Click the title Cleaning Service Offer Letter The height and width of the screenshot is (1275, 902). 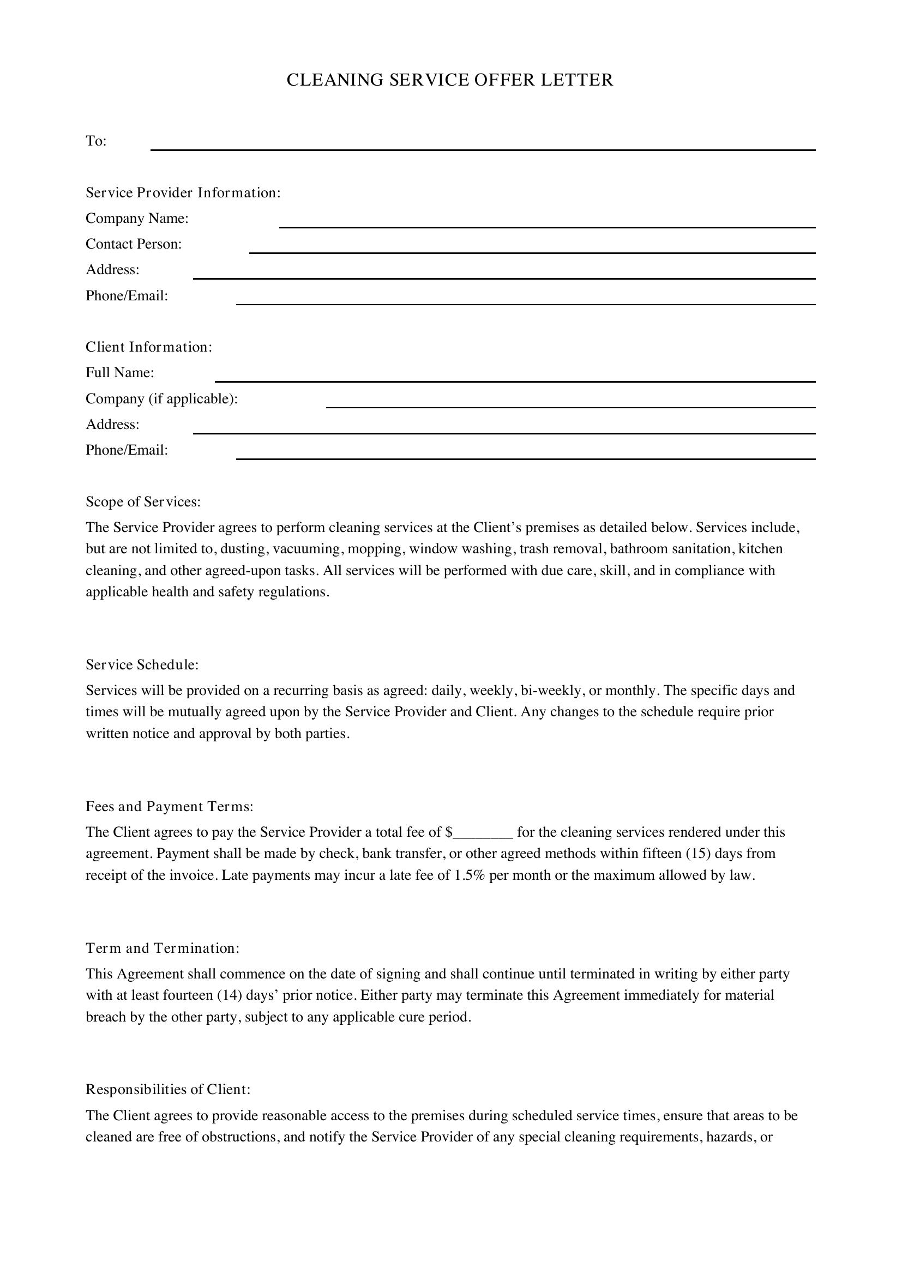[x=450, y=80]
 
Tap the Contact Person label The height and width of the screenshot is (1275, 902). [x=134, y=244]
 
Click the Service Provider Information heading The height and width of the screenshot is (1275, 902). [x=183, y=192]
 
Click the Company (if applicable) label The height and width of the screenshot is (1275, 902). [x=161, y=398]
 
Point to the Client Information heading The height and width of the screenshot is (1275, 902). [x=149, y=347]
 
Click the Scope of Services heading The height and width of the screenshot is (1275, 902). [x=143, y=502]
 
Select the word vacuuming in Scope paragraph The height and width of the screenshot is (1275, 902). [x=306, y=549]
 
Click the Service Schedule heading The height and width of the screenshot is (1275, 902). [x=142, y=664]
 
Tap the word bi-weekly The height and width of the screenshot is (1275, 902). [x=550, y=690]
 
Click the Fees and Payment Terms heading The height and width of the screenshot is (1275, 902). [x=170, y=806]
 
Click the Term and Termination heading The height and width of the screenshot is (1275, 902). [x=163, y=948]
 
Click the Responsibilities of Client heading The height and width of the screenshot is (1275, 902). [x=169, y=1090]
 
